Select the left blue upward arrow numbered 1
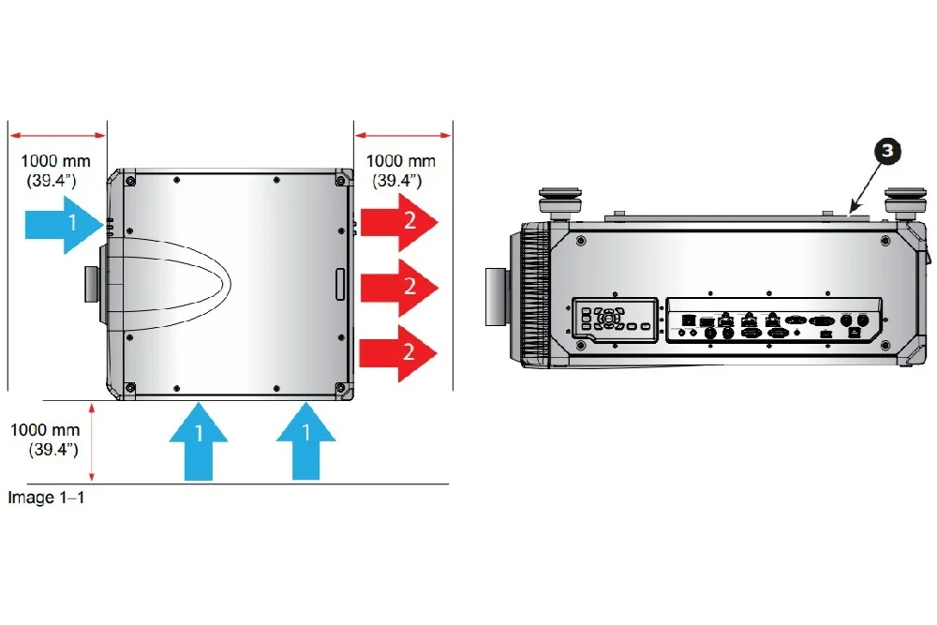coord(199,441)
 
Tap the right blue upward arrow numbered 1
coord(306,441)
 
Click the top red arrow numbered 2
coord(399,222)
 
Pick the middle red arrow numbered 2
coord(399,288)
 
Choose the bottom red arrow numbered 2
coord(398,353)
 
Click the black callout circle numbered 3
coord(887,151)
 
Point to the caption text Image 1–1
coord(46,498)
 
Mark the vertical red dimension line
coord(92,442)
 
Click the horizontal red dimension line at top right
coord(403,136)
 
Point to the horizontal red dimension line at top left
coord(58,136)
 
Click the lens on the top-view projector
coord(92,285)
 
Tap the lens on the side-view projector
coord(498,297)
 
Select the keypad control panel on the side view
coord(615,319)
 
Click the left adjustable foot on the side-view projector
coord(560,203)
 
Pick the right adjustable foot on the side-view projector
coord(905,203)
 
